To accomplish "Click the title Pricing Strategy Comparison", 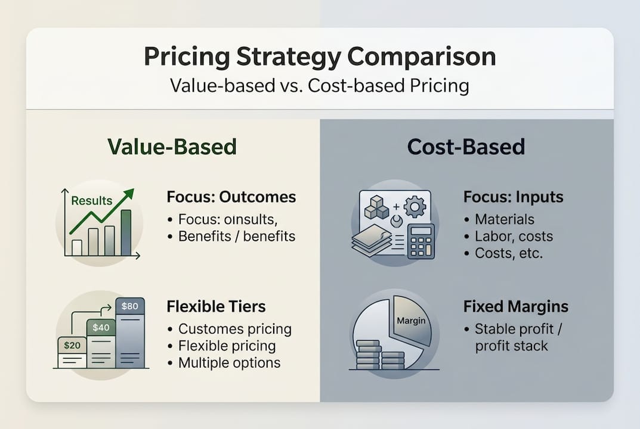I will (x=320, y=57).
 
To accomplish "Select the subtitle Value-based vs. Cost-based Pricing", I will (x=320, y=85).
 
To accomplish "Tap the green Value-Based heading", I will (x=172, y=147).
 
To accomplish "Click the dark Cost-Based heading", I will (x=466, y=147).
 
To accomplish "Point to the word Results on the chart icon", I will (x=91, y=201).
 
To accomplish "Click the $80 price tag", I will (x=129, y=306).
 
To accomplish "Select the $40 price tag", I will (x=100, y=327).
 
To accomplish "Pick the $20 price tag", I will (x=72, y=345).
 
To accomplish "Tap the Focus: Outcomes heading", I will (x=231, y=197).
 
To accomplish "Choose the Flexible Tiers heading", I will (x=217, y=307).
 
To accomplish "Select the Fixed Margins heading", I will (x=516, y=307).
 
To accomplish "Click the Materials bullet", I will (x=504, y=219).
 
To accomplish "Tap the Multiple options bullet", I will (x=229, y=363).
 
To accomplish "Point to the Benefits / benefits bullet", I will (x=236, y=236).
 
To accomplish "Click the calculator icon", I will (x=421, y=241).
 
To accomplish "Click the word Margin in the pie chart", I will (x=411, y=321).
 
